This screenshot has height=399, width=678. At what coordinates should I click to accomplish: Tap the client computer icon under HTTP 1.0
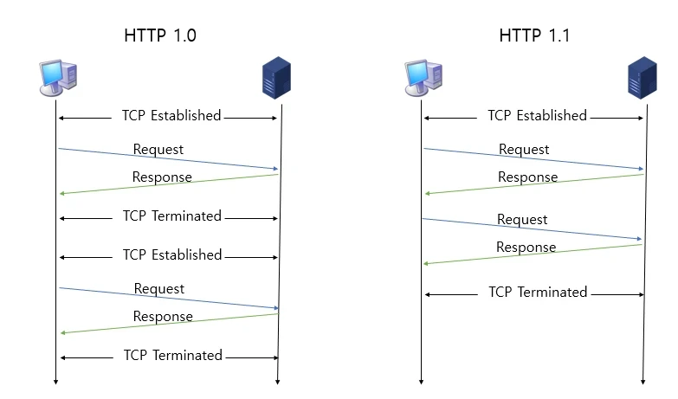tap(58, 79)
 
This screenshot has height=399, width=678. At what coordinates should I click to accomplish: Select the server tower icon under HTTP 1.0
tap(276, 78)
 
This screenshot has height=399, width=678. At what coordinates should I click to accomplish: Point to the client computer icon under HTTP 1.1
tap(423, 79)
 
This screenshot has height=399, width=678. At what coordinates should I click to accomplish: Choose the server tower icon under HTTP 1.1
tap(642, 78)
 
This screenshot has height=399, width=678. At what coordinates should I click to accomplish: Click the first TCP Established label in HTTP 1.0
tap(171, 116)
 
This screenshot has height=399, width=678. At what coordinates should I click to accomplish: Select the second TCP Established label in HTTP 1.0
tap(172, 255)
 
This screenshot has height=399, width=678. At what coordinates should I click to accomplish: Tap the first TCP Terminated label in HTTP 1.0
tap(171, 216)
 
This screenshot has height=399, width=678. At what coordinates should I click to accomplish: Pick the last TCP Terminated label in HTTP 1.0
tap(172, 356)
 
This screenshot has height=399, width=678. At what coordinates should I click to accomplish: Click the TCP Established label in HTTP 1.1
tap(537, 116)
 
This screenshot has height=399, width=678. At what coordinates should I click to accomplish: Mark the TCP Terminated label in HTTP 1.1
tap(538, 293)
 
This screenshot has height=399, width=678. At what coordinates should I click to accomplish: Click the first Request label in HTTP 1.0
tap(158, 150)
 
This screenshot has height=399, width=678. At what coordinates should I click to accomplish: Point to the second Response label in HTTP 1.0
tap(163, 317)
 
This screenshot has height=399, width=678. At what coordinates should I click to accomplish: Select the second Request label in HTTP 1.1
tap(522, 220)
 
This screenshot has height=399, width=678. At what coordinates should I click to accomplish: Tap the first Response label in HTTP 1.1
tap(527, 177)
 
